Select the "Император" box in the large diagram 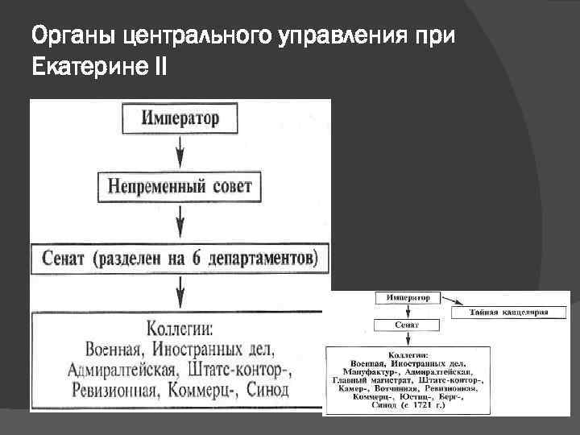coord(180,119)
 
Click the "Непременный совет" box coord(180,187)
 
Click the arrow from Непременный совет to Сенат coord(180,219)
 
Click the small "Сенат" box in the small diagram coord(406,326)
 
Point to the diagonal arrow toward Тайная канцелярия coord(448,304)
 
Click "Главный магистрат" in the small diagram coord(372,379)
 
